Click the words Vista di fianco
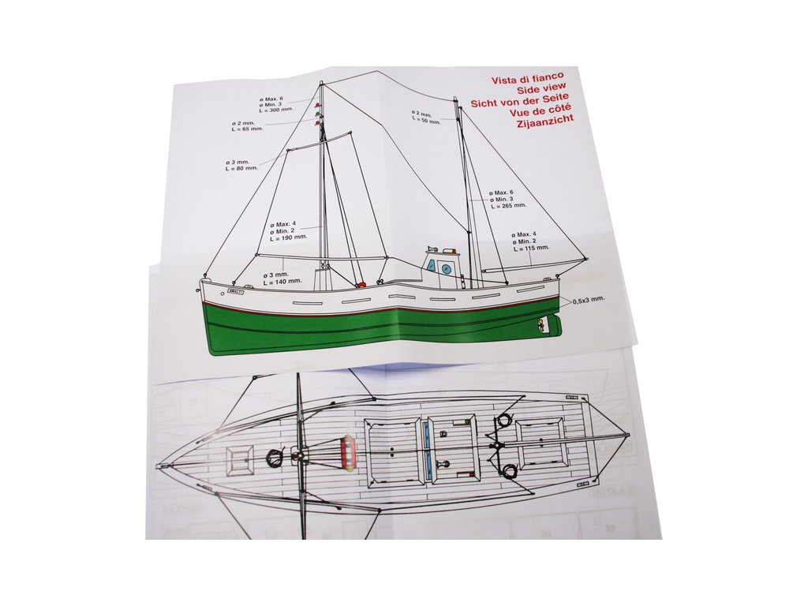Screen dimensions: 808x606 click(x=527, y=80)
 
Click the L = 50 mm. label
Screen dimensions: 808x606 click(x=428, y=120)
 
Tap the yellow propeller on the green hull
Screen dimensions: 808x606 click(x=541, y=324)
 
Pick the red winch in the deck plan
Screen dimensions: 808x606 click(x=348, y=452)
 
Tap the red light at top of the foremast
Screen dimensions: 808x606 click(x=319, y=106)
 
